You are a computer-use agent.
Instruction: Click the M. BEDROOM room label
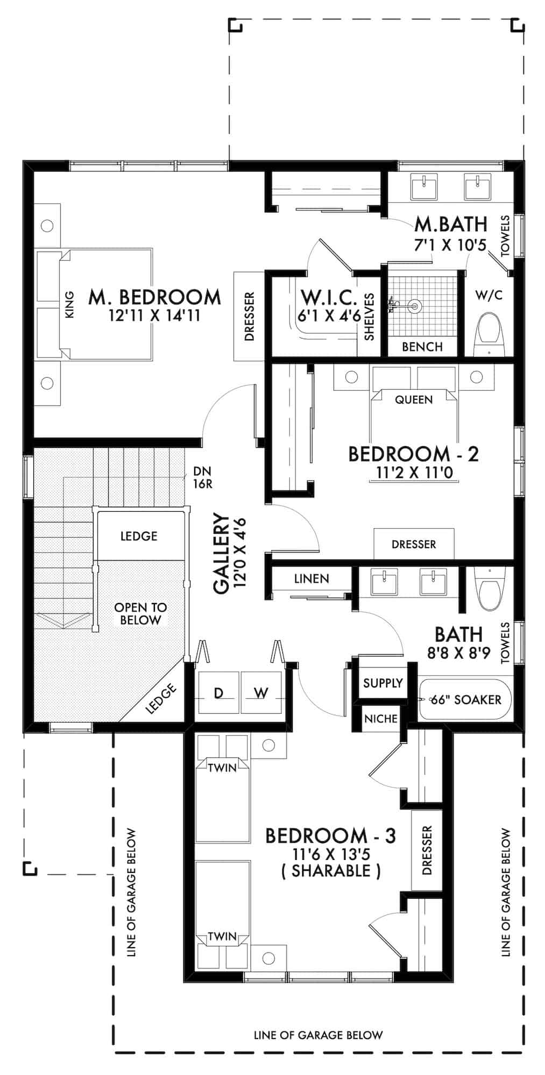[154, 297]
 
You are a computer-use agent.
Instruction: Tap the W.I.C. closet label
[329, 297]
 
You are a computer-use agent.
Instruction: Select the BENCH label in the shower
[422, 347]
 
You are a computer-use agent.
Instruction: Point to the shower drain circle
[414, 307]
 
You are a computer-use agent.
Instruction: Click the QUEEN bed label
[414, 399]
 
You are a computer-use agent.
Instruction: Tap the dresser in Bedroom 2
[414, 544]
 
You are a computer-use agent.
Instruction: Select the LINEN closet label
[312, 579]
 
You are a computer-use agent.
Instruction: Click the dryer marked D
[218, 693]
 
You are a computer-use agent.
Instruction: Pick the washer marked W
[261, 693]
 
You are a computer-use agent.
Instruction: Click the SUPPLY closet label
[383, 683]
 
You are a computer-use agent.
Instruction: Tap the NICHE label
[381, 719]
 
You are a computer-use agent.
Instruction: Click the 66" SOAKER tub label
[466, 699]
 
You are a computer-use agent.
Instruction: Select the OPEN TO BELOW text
[140, 614]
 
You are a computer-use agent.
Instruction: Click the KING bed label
[69, 305]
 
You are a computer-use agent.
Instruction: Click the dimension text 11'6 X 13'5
[331, 854]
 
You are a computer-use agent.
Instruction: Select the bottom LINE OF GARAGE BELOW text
[318, 1035]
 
